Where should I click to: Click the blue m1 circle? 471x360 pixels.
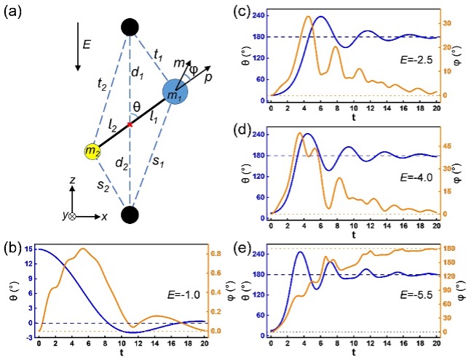point(175,93)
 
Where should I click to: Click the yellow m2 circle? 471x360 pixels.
point(92,151)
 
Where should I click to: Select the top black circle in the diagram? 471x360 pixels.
point(130,27)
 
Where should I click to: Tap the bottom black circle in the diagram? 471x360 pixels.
point(130,215)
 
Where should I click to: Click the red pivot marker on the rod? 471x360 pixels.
point(130,125)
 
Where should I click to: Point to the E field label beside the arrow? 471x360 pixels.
point(87,44)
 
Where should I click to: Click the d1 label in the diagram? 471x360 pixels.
point(137,73)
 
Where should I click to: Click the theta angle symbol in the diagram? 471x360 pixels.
point(136,108)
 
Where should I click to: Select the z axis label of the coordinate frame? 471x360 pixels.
point(72,178)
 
